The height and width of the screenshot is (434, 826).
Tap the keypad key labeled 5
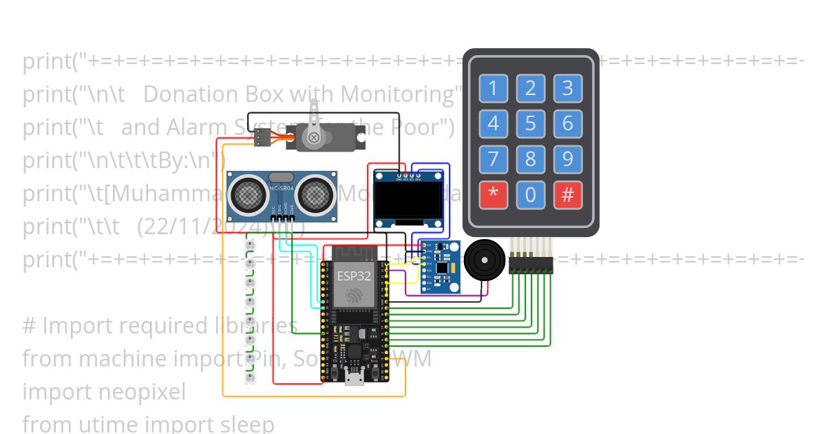(530, 124)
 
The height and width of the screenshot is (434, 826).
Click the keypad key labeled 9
(567, 160)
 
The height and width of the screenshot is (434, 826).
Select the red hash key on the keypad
(567, 196)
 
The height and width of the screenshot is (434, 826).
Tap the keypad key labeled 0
(530, 196)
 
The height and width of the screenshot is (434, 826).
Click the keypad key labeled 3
(567, 88)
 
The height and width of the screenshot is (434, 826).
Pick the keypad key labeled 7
(493, 160)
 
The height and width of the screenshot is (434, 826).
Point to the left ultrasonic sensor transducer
(246, 193)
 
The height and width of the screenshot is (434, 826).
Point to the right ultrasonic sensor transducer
(317, 193)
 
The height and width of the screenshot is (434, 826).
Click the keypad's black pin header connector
(531, 265)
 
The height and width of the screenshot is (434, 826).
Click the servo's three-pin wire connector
(262, 138)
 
